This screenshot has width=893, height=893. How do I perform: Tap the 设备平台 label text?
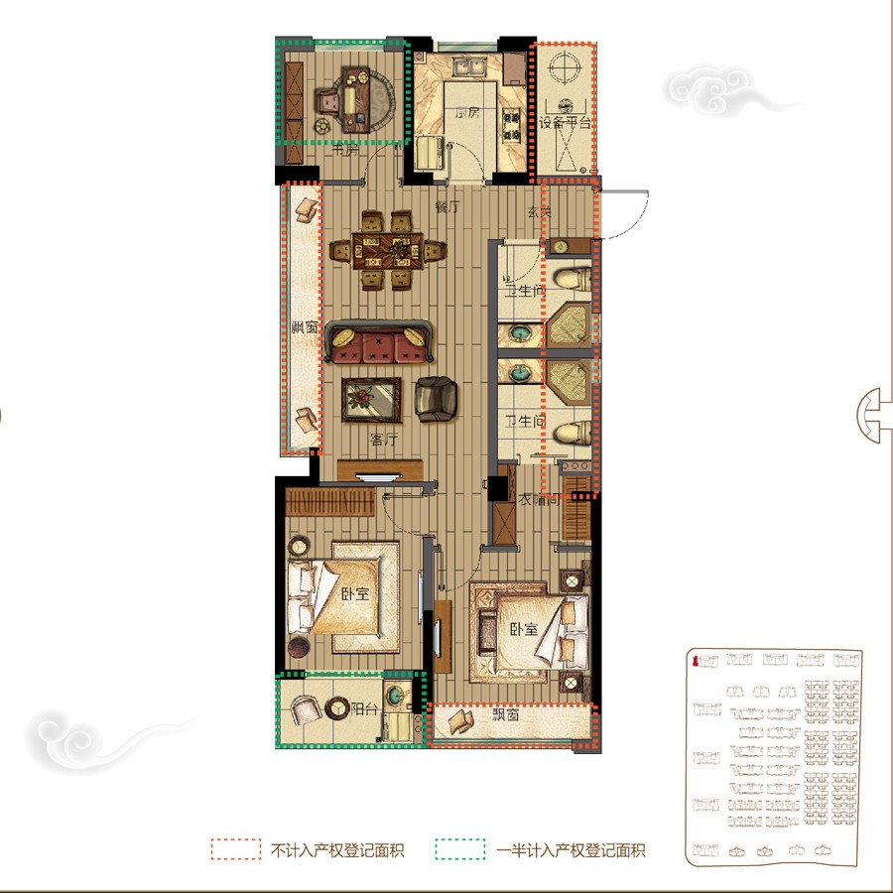point(565,123)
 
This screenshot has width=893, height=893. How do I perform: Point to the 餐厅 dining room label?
point(447,208)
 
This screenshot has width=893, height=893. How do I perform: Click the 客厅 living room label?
point(384,440)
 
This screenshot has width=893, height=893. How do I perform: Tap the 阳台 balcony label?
point(364,708)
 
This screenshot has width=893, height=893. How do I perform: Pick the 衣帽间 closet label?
point(540,499)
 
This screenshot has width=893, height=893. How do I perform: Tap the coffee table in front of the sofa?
point(372,400)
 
